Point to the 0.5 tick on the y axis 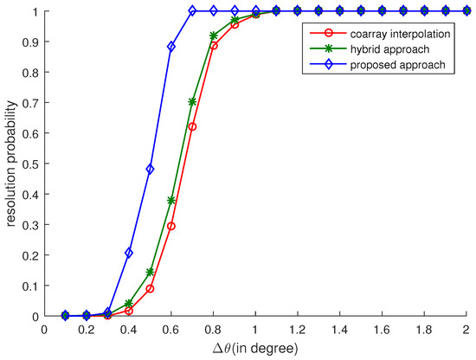[30, 164]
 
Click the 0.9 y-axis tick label [30, 42]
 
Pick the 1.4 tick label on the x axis [339, 330]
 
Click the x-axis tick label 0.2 [87, 330]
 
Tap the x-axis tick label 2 [466, 330]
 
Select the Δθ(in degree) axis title [255, 349]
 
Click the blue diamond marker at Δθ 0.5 [150, 170]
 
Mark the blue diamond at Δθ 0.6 [171, 47]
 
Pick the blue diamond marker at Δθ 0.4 [129, 253]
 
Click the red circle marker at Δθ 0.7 [192, 127]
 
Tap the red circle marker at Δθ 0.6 [171, 226]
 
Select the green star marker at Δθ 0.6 [171, 201]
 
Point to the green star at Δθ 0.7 [192, 101]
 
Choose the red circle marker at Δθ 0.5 [150, 288]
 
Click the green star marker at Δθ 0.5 [150, 272]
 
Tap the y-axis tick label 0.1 [30, 286]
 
